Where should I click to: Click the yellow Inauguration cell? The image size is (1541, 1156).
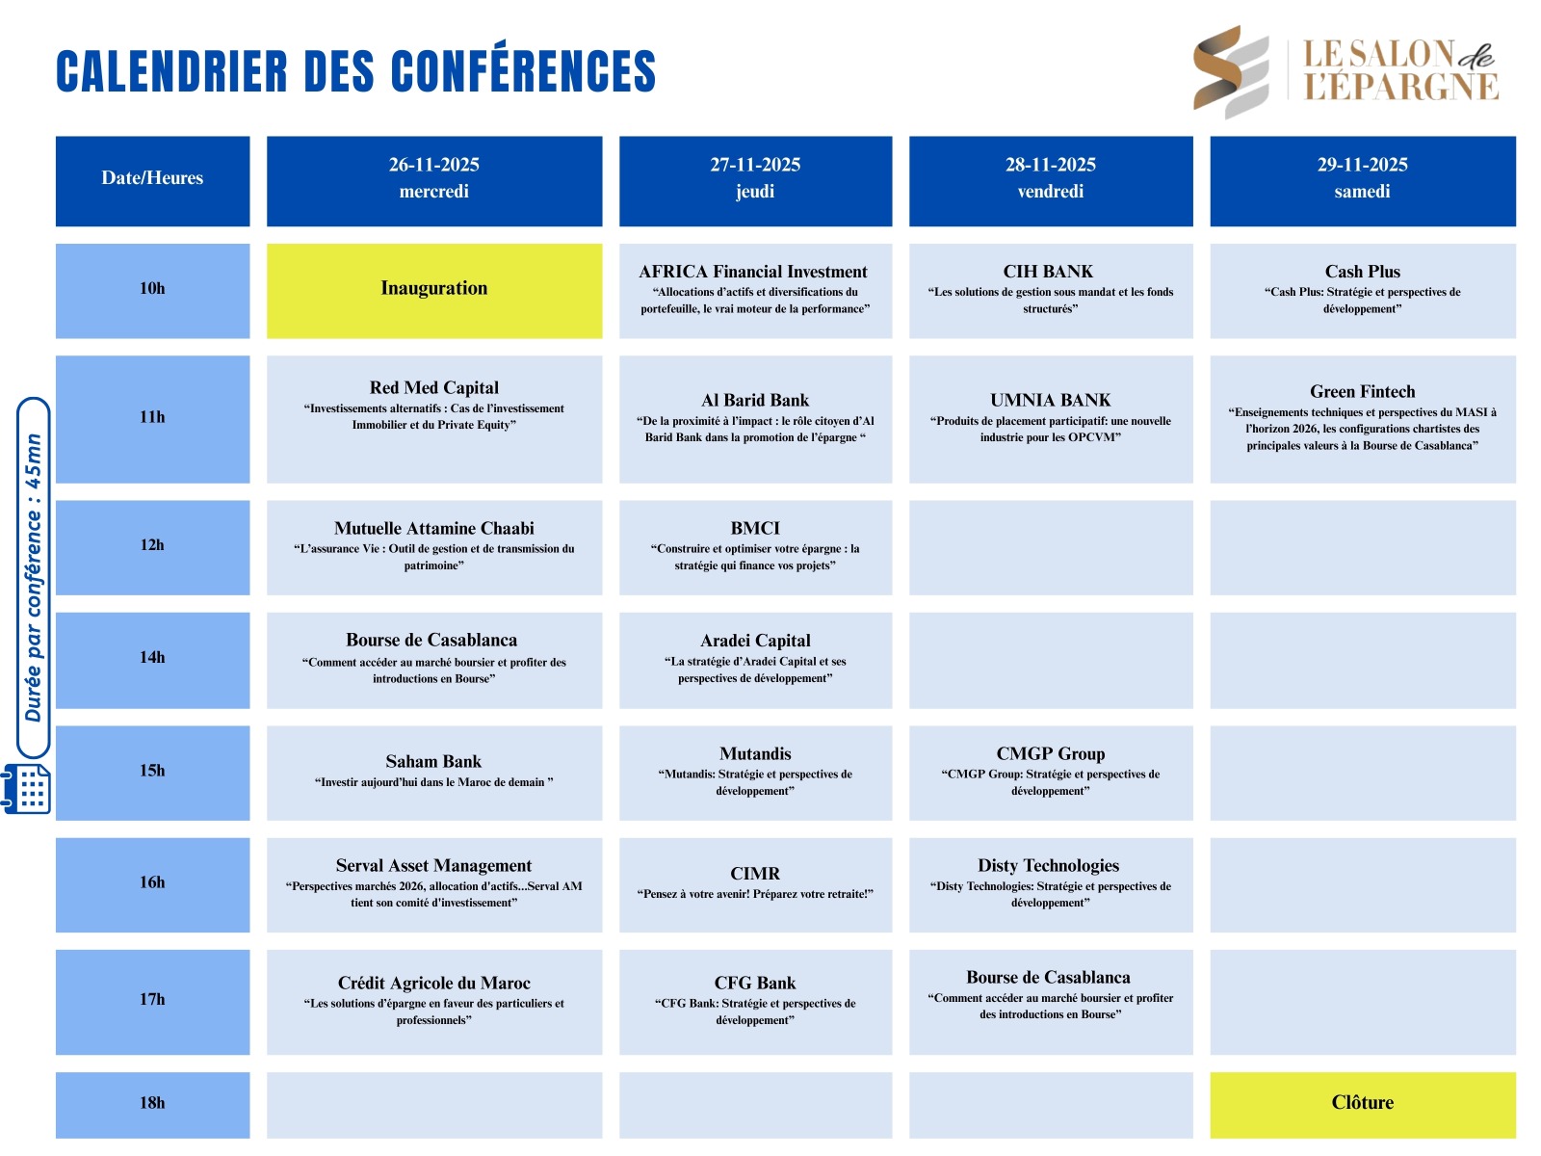pos(433,291)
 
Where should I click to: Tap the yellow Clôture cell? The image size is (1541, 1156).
pos(1362,1105)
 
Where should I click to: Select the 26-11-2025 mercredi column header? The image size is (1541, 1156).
pos(433,181)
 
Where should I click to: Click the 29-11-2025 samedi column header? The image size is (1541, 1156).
pos(1362,181)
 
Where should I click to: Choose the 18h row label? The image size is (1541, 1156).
pos(152,1105)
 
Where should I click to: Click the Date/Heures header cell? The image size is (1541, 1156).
pos(152,181)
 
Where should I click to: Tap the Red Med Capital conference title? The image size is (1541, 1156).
pos(433,387)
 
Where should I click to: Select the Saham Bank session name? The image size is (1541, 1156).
pos(433,761)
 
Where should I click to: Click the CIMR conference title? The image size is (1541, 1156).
pos(755,873)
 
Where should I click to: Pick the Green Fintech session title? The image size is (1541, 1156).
pos(1362,391)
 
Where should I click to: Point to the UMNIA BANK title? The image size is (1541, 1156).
pos(1050,400)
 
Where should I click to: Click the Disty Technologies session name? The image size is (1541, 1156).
pos(1048,865)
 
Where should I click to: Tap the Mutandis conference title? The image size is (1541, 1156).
pos(755,753)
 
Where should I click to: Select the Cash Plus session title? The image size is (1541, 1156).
pos(1362,271)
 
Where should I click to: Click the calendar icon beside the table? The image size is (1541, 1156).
pos(26,789)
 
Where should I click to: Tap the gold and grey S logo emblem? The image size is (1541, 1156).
pos(1231,71)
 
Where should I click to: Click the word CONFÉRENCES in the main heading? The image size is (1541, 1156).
pos(523,70)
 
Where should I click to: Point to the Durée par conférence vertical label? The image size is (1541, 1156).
pos(33,578)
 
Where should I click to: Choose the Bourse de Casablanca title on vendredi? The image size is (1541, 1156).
pos(1048,977)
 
